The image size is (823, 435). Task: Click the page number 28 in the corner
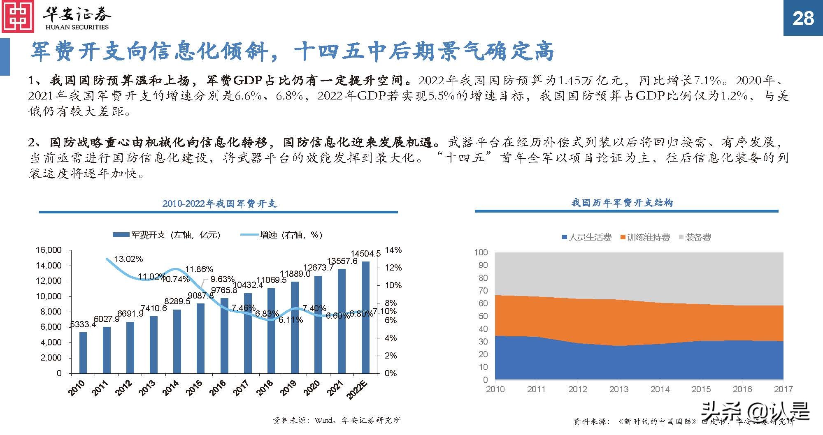803,18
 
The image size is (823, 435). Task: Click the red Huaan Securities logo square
18,17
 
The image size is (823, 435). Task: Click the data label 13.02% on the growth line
128,259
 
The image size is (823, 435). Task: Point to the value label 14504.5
365,254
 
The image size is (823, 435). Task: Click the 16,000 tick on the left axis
49,250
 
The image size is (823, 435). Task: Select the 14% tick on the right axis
393,250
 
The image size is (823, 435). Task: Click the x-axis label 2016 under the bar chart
218,388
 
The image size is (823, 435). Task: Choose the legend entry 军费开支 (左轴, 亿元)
167,235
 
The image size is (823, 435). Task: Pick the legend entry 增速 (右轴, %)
281,235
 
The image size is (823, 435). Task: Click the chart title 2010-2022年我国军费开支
219,204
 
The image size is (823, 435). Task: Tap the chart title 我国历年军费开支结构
622,203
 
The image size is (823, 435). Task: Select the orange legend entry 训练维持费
645,237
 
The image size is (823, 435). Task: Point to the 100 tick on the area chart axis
481,252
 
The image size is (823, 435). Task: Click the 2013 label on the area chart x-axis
618,389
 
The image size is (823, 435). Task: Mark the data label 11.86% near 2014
199,269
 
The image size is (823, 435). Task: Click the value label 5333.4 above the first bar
83,324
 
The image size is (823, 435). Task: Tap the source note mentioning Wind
337,421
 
